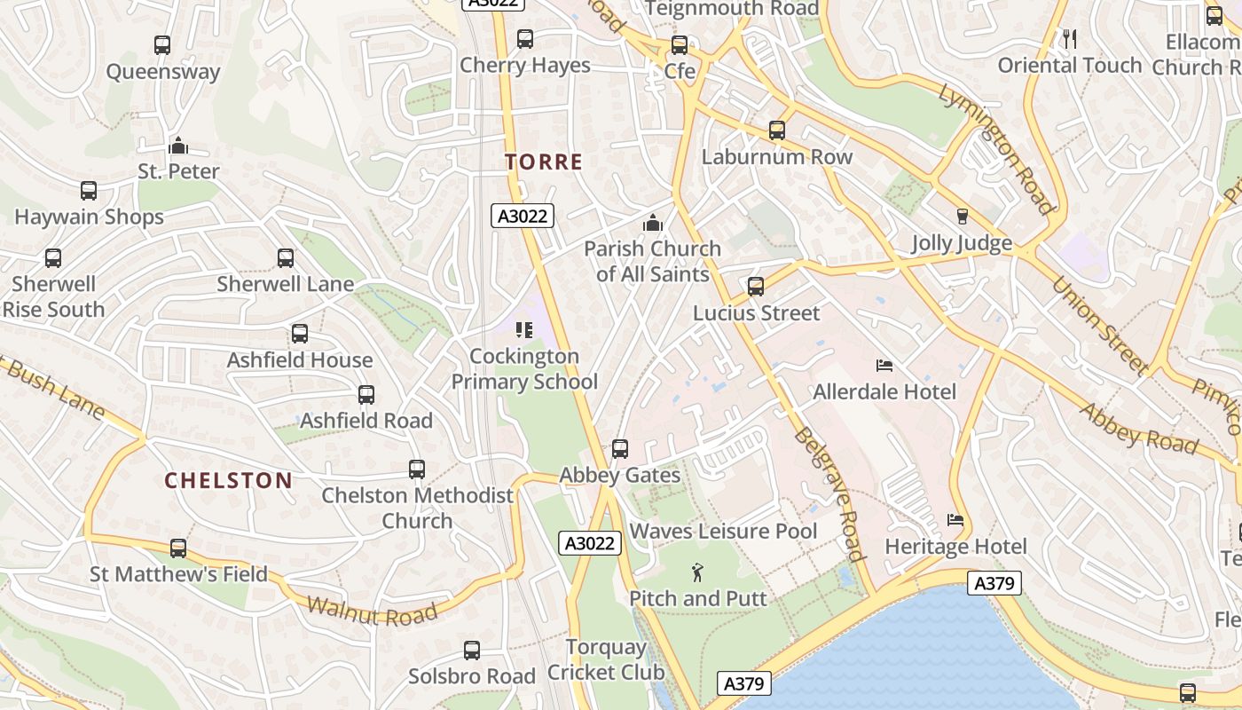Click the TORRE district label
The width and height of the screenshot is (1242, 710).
coord(543,162)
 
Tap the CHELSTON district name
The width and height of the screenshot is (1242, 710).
coord(228,480)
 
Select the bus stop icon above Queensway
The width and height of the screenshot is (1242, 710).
coord(162,44)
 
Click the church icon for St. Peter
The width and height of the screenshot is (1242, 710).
coord(178,145)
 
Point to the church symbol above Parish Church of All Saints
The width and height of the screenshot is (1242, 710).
coord(653,222)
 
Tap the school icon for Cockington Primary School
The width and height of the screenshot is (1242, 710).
coord(524,330)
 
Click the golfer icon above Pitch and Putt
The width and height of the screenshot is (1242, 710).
coord(697,572)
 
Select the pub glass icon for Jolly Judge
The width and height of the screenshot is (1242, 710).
coord(962,217)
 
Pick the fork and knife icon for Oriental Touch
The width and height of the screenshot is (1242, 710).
coord(1069,38)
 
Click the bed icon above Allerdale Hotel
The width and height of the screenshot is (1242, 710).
coord(884,365)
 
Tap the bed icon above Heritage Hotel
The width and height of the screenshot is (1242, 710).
coord(955,519)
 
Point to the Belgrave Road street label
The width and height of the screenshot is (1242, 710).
coord(829,493)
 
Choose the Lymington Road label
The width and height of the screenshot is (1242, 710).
coord(996,149)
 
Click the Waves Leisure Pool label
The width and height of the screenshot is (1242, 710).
coord(723,531)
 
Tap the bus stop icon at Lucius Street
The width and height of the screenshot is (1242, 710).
coord(756,287)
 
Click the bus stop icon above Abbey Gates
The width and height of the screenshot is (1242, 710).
coord(620,449)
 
